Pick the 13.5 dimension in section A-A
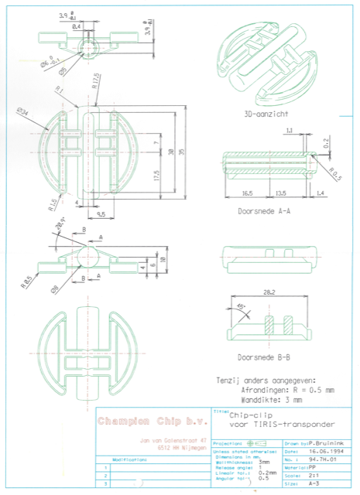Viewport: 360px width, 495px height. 280,193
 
